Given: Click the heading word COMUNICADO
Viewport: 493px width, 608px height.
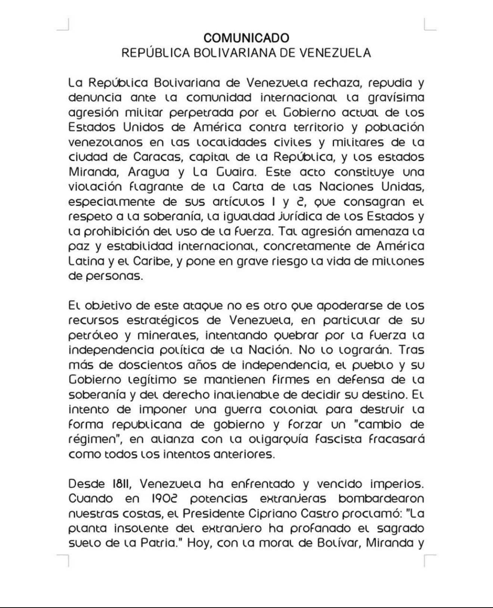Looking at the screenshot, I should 246,38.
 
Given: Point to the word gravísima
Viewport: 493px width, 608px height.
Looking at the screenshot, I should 396,98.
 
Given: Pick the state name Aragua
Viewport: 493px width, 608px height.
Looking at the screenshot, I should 148,172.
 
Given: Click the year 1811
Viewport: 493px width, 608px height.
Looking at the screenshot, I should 122,484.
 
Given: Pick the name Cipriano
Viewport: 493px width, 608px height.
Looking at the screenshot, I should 272,514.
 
